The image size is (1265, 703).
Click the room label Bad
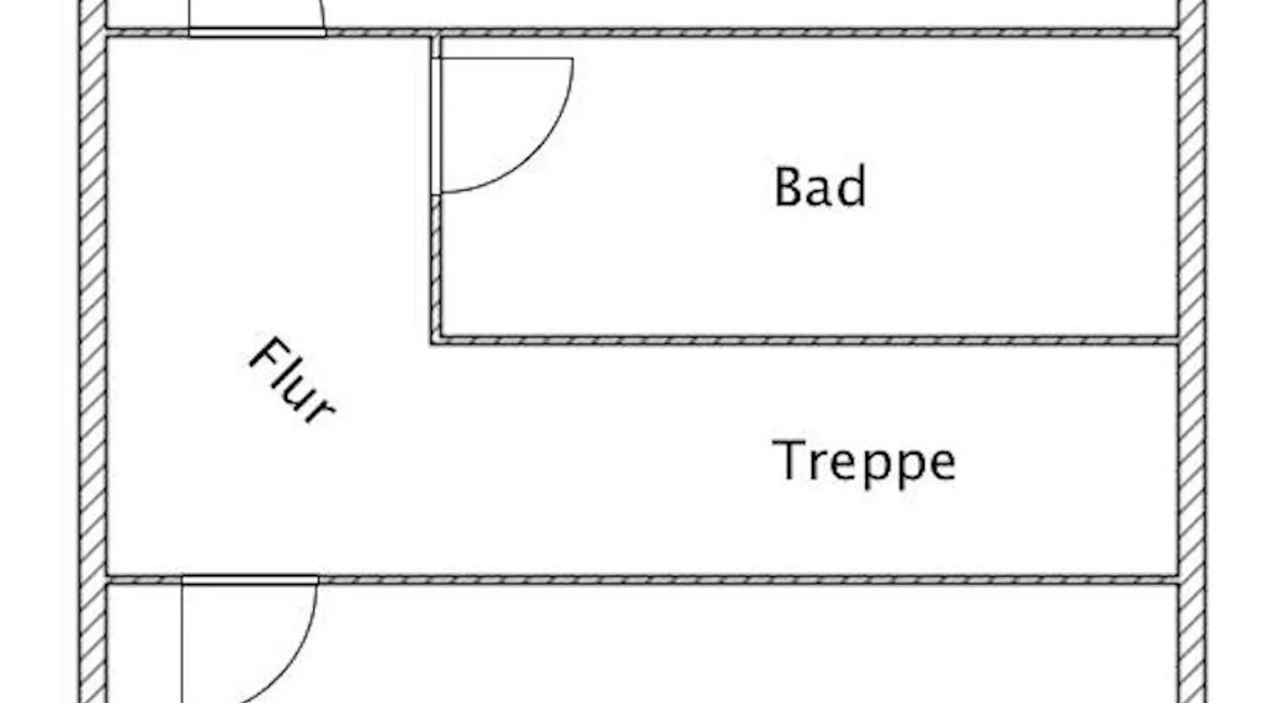819,186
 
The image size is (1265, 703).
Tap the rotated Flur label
292,381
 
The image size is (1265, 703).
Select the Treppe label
864,462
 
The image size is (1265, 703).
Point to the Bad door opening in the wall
436,126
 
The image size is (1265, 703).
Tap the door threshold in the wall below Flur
250,580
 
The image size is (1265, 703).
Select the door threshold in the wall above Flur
257,32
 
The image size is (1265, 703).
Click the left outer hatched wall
92,351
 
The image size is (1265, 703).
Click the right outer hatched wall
1191,351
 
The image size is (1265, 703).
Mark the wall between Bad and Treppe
805,341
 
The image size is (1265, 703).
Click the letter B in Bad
789,187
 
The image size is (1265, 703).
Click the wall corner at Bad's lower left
436,341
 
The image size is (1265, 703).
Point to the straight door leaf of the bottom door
183,643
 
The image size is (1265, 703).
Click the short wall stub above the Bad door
436,46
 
